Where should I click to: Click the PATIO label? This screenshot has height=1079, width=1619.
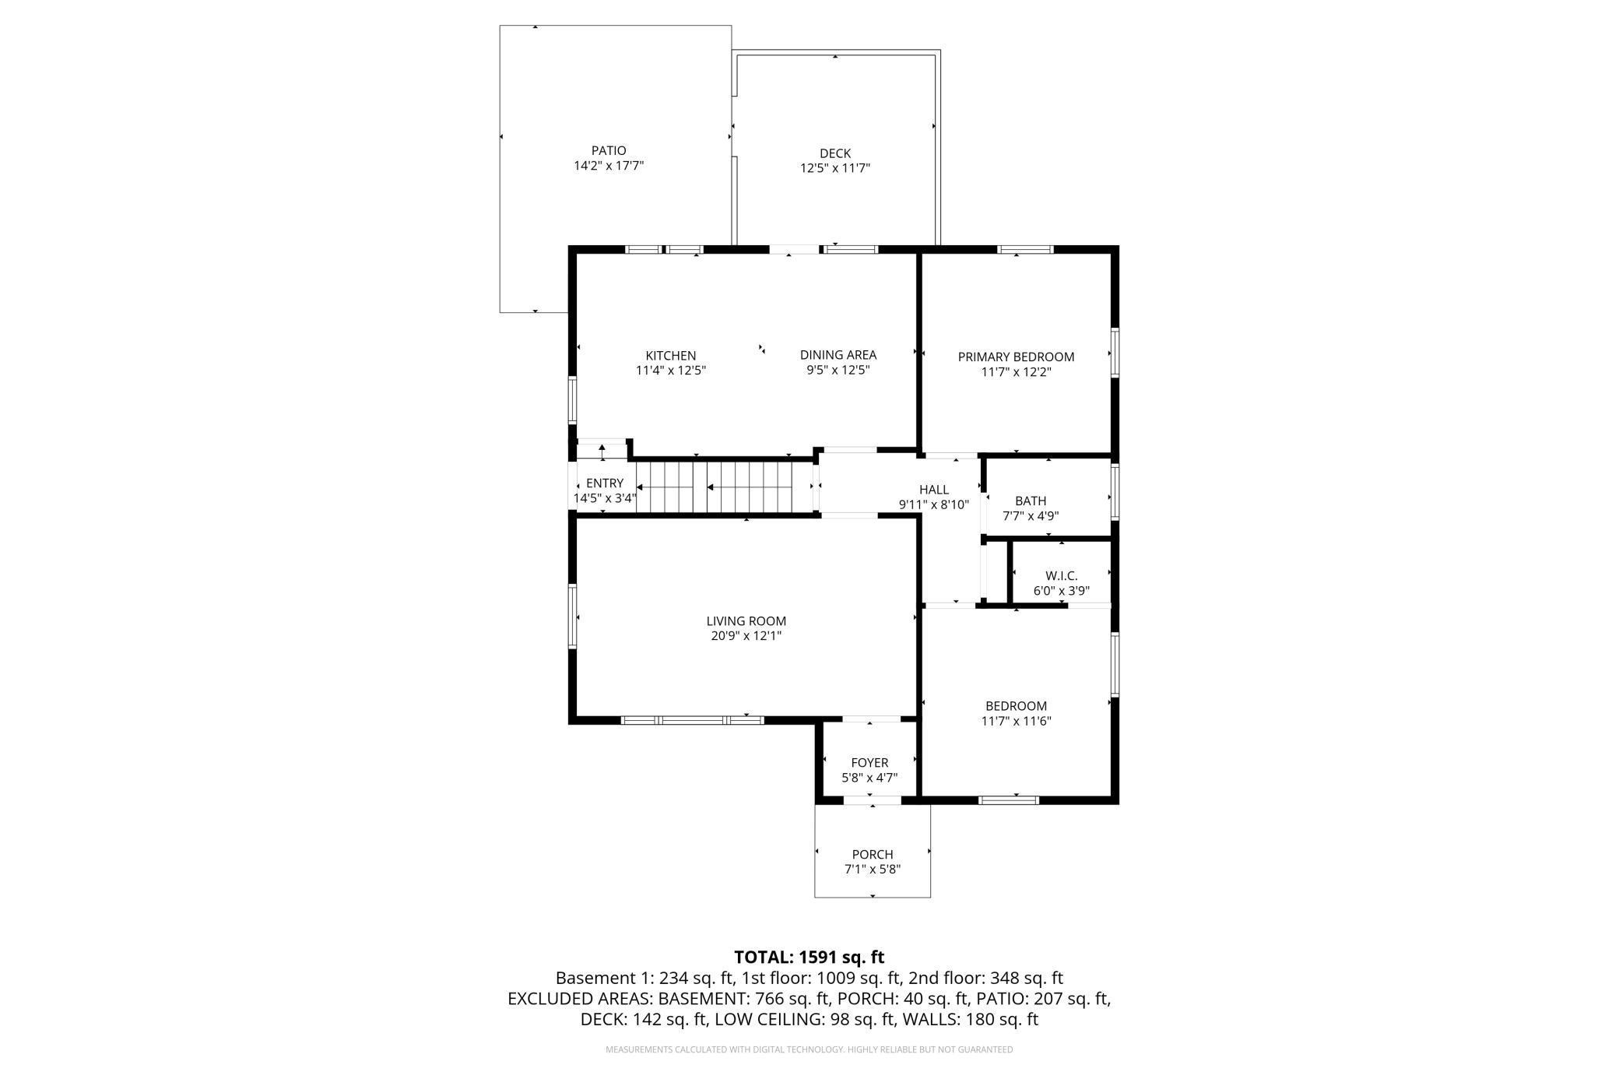click(x=609, y=151)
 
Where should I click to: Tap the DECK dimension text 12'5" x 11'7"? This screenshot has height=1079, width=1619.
click(x=835, y=168)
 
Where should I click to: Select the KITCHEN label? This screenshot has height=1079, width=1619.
click(x=671, y=356)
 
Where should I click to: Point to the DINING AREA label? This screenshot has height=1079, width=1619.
click(x=838, y=355)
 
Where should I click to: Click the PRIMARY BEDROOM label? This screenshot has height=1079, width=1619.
click(x=1016, y=357)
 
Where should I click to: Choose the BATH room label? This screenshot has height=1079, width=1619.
click(x=1031, y=501)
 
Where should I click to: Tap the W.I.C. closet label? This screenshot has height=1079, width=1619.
click(x=1062, y=575)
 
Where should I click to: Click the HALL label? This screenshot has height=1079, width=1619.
click(x=934, y=490)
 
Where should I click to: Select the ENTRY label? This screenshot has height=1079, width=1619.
click(x=605, y=483)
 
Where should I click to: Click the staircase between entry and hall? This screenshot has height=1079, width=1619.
click(x=724, y=487)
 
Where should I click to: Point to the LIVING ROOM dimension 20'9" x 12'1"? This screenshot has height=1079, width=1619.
click(x=746, y=636)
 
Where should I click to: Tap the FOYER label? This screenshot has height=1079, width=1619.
click(x=869, y=763)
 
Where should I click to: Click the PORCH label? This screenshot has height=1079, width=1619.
click(x=873, y=854)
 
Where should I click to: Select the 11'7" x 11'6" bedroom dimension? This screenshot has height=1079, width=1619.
click(x=1016, y=721)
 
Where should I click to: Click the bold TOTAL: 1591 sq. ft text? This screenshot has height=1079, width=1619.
click(x=809, y=957)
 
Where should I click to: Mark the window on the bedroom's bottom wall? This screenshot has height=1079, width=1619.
click(x=1009, y=800)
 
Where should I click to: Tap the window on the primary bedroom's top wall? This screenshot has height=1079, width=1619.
click(x=1025, y=250)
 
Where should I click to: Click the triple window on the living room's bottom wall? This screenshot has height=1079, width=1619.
click(x=692, y=720)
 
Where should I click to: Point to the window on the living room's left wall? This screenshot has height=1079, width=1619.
click(x=573, y=617)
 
